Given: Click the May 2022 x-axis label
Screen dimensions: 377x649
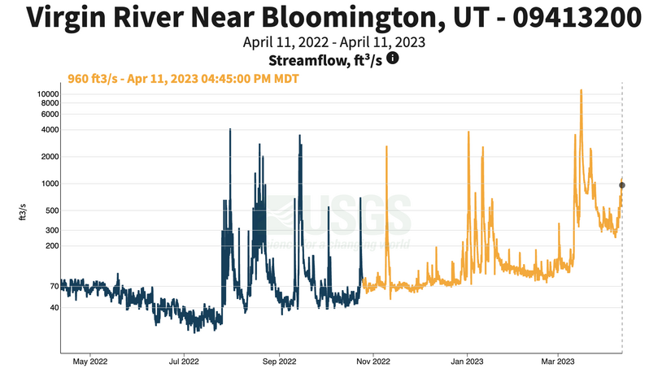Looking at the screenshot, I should (x=90, y=362).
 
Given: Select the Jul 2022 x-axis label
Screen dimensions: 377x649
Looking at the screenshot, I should (x=184, y=362).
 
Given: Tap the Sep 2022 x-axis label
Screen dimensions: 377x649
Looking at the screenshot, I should (x=278, y=362).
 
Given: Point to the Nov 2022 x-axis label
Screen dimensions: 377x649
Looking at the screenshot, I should (x=372, y=362).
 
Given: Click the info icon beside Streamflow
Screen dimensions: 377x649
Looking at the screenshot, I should (x=392, y=58).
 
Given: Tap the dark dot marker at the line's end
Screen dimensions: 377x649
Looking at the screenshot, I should (x=622, y=185).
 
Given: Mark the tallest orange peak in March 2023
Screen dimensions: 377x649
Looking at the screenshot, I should (x=581, y=91).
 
